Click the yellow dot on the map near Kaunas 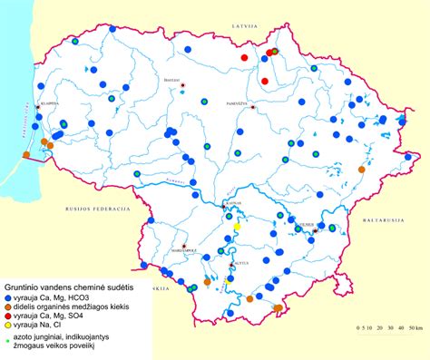click(237, 227)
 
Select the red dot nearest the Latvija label click(244, 57)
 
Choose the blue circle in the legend click(7, 298)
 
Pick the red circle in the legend click(7, 316)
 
